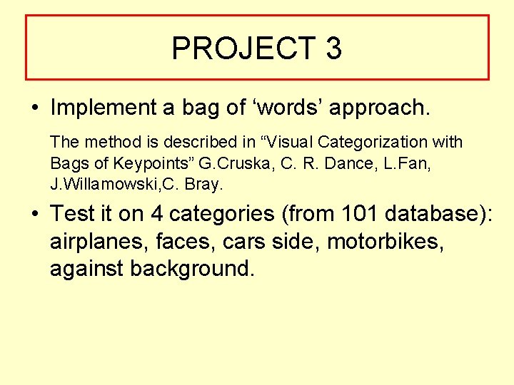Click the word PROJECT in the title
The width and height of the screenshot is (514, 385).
click(x=243, y=48)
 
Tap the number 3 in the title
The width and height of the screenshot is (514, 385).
click(x=333, y=48)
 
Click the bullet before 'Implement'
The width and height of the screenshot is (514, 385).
click(x=34, y=108)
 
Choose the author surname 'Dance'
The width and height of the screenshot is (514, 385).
click(x=341, y=163)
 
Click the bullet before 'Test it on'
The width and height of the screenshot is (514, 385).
click(x=34, y=214)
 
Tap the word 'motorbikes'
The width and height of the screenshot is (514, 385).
click(x=382, y=241)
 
